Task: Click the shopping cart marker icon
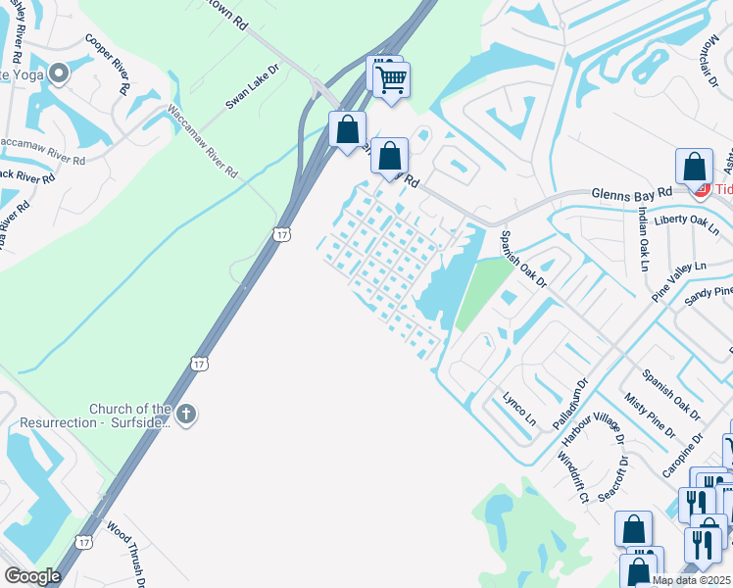coord(391,79)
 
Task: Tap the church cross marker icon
coord(186,415)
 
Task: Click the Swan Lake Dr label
coord(252,85)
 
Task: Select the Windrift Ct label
coord(572,476)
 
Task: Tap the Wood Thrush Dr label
coord(126,555)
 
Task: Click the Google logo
coord(32,576)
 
